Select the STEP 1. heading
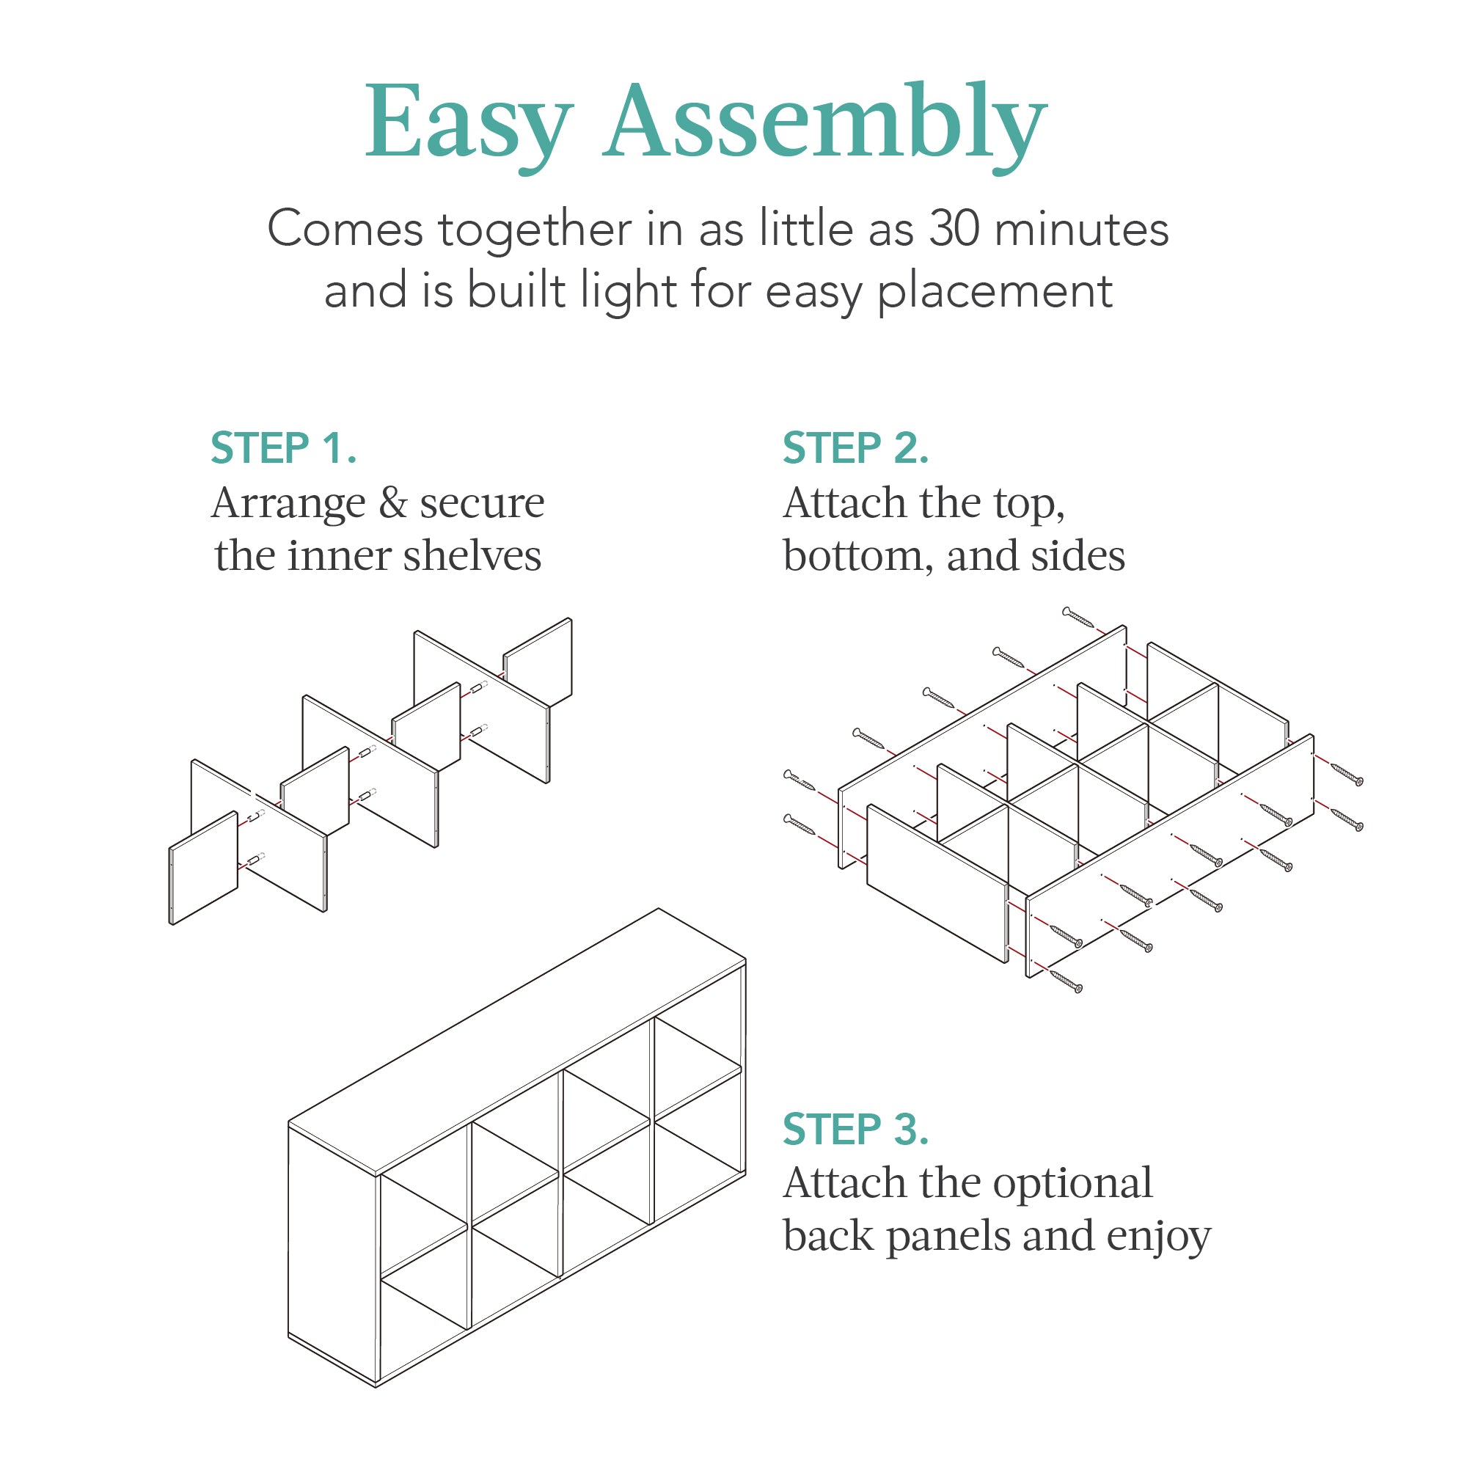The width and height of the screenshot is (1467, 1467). [283, 448]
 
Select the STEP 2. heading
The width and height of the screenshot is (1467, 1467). [856, 448]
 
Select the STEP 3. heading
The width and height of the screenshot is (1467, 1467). [856, 1129]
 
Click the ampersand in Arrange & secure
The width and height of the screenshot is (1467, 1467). [392, 503]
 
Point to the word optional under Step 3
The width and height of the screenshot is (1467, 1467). [1072, 1183]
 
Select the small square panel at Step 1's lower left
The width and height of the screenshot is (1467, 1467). [203, 868]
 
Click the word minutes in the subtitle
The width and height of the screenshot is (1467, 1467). [1081, 229]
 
